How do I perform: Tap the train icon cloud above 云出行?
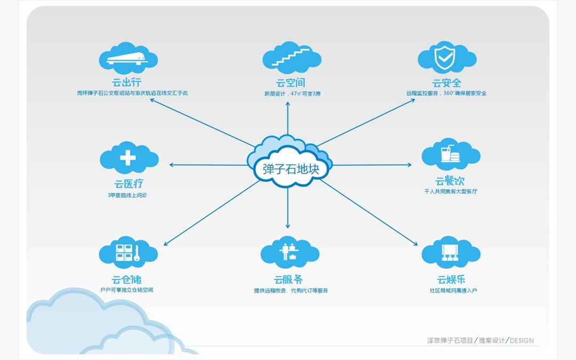129,58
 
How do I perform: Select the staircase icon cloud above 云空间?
291,58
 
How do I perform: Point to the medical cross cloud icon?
129,158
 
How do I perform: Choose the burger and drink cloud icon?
450,155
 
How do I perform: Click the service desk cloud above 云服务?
290,252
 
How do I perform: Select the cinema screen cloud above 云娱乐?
450,252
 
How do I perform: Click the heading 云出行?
128,82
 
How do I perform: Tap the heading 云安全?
446,83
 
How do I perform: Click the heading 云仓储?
127,279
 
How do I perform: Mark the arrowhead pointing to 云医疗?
172,165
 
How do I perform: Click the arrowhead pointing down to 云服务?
288,226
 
